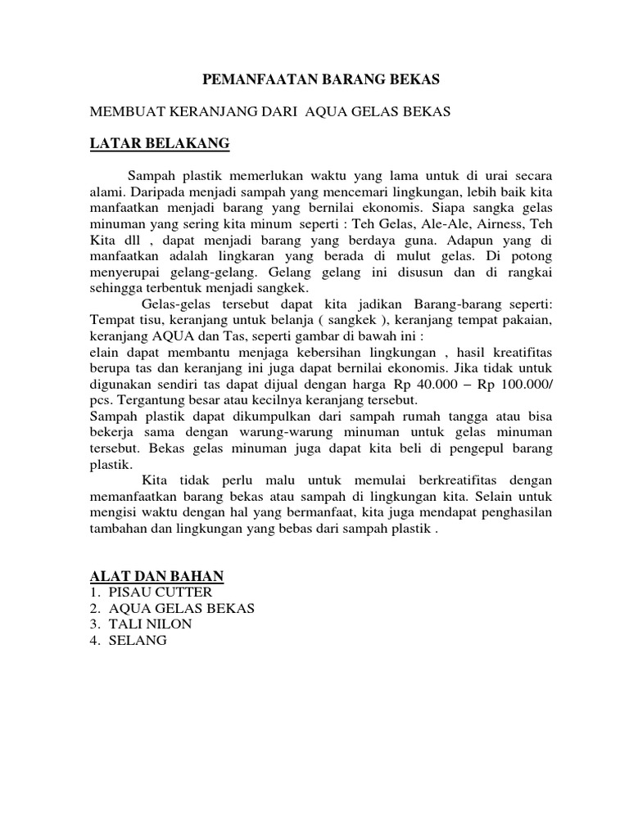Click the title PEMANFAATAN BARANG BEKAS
tap(321, 79)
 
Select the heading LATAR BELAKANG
tap(159, 145)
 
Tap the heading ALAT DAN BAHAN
tap(156, 576)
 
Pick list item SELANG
tap(135, 641)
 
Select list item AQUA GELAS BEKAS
tap(180, 608)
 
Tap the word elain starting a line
tap(104, 353)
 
